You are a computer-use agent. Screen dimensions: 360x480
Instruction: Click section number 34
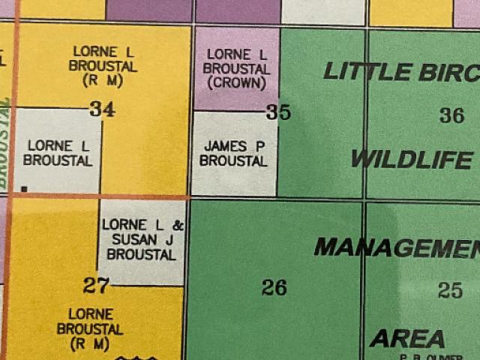[x=102, y=109]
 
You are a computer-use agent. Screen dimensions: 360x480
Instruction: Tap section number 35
[x=278, y=113]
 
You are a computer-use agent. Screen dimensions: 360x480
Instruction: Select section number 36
[x=451, y=115]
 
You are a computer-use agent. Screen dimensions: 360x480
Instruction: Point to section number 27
[x=97, y=285]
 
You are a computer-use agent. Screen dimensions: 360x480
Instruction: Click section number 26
[x=274, y=286]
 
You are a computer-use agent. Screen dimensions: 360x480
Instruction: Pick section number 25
[x=450, y=290]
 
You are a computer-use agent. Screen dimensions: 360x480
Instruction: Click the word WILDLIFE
[x=412, y=160]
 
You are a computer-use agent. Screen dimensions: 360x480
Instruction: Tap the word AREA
[x=407, y=339]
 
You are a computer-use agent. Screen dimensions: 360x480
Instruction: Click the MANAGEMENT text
[x=397, y=247]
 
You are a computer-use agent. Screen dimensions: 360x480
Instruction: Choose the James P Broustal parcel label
[x=235, y=154]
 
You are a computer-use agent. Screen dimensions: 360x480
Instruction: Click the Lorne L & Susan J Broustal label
[x=142, y=239]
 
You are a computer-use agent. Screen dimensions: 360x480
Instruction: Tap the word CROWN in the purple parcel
[x=235, y=82]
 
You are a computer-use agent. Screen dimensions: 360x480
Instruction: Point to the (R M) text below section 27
[x=90, y=344]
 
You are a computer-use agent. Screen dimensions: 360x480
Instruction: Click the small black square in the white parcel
[x=25, y=190]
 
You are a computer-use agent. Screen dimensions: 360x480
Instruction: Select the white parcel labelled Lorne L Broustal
[x=57, y=153]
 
